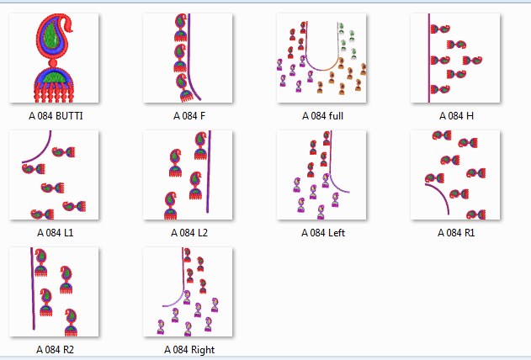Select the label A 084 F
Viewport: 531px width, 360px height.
coord(189,115)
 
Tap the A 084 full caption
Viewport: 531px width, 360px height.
coord(322,115)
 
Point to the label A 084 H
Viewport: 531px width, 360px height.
coord(456,115)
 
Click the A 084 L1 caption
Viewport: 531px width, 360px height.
coord(55,232)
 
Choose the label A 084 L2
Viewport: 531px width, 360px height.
coord(189,232)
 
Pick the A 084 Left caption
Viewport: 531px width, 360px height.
coord(322,232)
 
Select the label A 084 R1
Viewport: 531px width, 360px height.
coord(456,232)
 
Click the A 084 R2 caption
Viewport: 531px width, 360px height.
coord(55,348)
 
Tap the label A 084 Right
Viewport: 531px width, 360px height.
coord(189,348)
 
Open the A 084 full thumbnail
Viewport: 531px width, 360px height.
coord(322,58)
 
